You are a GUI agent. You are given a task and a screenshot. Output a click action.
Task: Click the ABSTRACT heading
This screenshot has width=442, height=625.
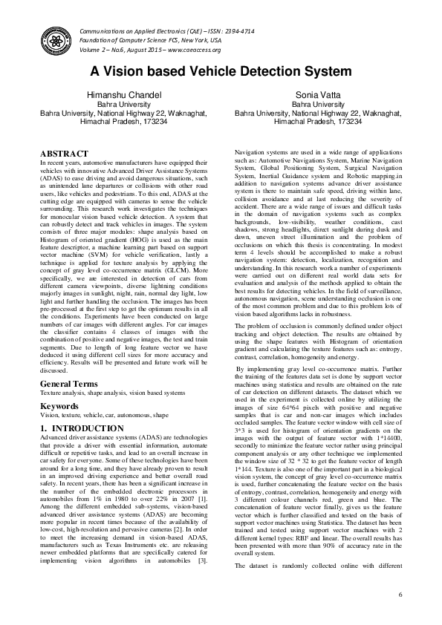pyautogui.click(x=65, y=153)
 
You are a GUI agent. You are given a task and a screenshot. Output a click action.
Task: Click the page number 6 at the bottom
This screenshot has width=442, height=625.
pyautogui.click(x=400, y=595)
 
